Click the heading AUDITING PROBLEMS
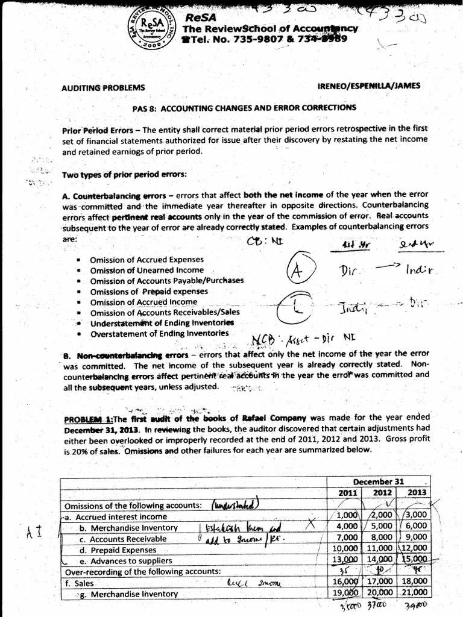(99, 87)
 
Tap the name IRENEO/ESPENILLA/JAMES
(368, 86)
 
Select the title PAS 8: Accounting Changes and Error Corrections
(244, 108)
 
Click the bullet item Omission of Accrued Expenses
(139, 259)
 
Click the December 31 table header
(377, 482)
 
